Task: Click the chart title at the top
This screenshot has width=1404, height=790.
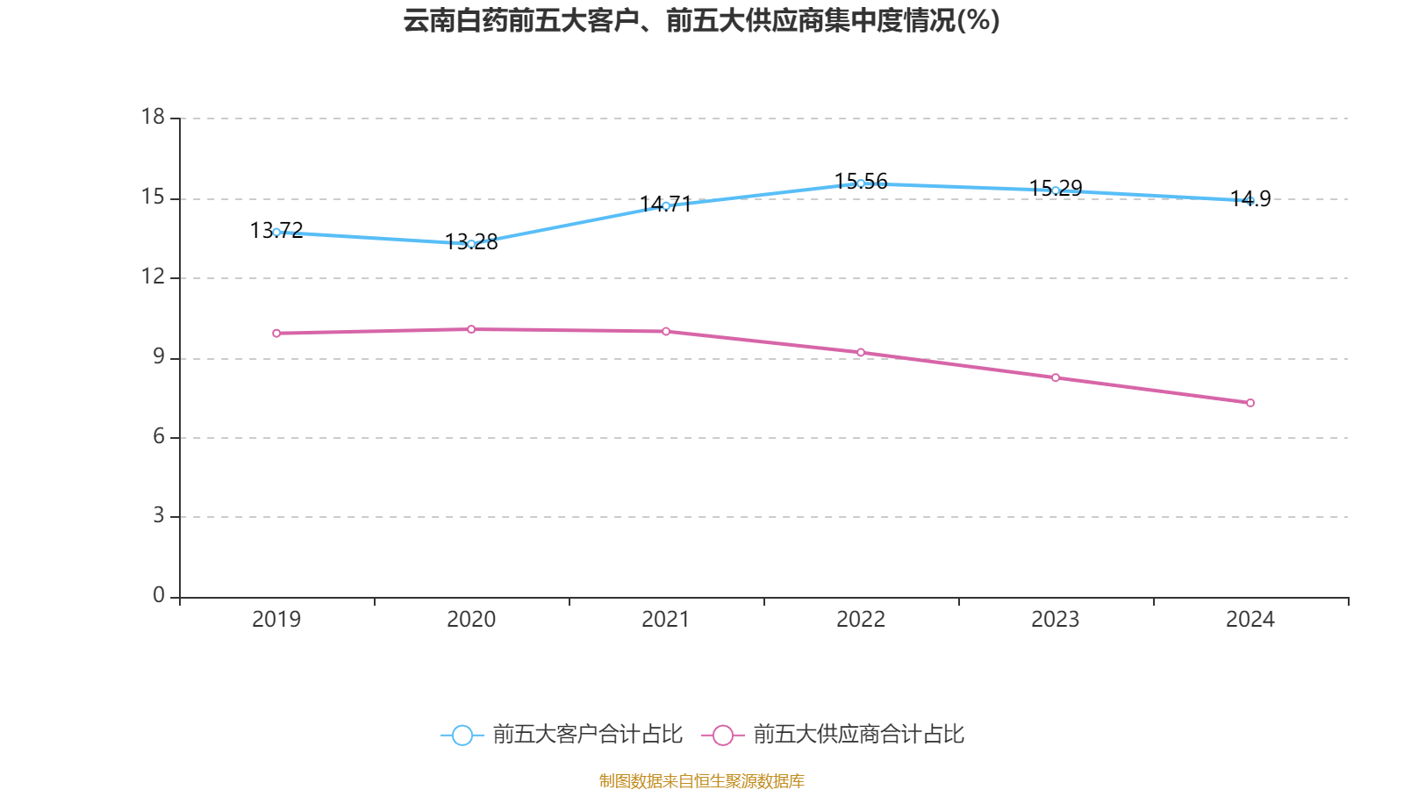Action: [x=701, y=20]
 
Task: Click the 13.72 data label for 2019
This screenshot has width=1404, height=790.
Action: [x=276, y=230]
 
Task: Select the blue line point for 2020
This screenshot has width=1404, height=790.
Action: [x=471, y=243]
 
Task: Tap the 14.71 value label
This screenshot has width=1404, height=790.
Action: [x=666, y=205]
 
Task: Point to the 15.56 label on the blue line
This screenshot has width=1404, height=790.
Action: [x=861, y=181]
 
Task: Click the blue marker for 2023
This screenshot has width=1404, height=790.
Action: [x=1056, y=190]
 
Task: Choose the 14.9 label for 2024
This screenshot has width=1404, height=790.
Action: [x=1250, y=198]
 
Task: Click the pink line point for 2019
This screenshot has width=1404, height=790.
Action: [x=276, y=334]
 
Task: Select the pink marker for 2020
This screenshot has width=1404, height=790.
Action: [x=471, y=329]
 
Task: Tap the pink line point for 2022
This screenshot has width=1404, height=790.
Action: [x=861, y=352]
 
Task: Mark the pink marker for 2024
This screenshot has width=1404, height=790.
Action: [x=1250, y=403]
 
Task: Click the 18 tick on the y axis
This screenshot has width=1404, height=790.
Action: [x=154, y=117]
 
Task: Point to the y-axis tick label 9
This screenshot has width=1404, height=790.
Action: [x=159, y=356]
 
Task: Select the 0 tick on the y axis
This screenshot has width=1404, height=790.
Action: [x=159, y=596]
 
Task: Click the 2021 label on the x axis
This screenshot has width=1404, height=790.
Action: [x=666, y=620]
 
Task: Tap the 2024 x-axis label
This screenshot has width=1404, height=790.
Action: [x=1250, y=620]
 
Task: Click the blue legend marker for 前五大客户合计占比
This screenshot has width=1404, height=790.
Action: [x=462, y=736]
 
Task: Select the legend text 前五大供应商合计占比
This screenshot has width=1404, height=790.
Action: [x=858, y=735]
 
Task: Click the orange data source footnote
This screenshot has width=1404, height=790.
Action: [x=701, y=780]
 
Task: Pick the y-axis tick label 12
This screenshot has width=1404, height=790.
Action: [x=154, y=276]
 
